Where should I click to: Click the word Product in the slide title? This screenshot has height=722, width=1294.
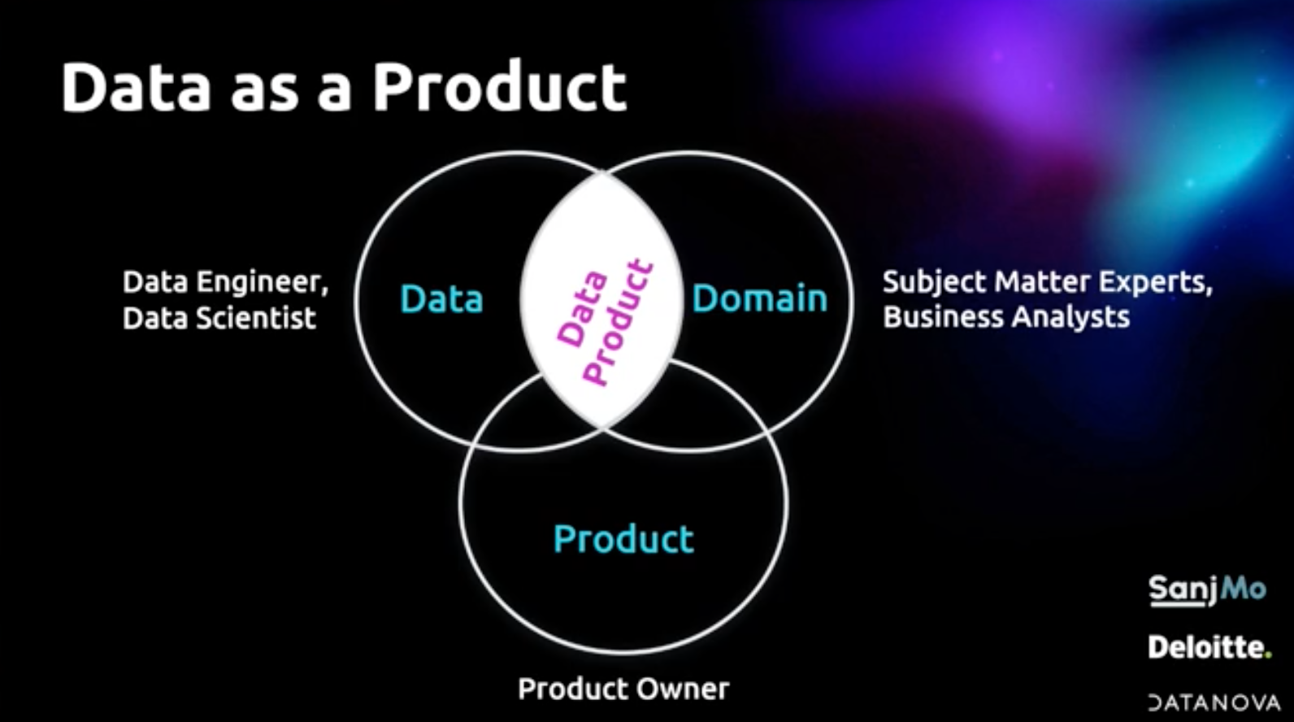(x=500, y=87)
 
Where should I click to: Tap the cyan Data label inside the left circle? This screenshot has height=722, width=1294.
(x=441, y=299)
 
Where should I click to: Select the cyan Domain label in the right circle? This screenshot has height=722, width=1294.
(x=759, y=298)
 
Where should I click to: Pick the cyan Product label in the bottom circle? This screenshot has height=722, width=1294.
(x=623, y=539)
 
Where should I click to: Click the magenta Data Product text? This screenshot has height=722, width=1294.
(x=605, y=321)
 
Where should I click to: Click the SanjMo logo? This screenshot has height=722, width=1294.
(x=1206, y=589)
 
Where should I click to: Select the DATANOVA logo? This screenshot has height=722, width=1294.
(x=1214, y=702)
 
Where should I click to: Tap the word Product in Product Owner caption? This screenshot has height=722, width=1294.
(x=571, y=689)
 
